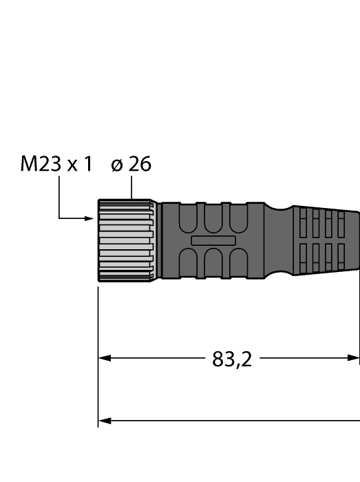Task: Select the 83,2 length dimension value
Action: [231, 359]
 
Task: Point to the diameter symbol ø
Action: [118, 165]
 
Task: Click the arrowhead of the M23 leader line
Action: [89, 219]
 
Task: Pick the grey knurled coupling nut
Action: [125, 240]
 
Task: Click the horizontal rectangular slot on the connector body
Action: [213, 240]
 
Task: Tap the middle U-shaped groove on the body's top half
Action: [213, 218]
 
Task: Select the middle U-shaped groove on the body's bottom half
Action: [213, 262]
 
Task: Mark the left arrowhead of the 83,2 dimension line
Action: [104, 358]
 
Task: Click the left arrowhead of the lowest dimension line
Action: [104, 420]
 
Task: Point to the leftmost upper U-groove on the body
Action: [188, 218]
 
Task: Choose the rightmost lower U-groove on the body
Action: [237, 262]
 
